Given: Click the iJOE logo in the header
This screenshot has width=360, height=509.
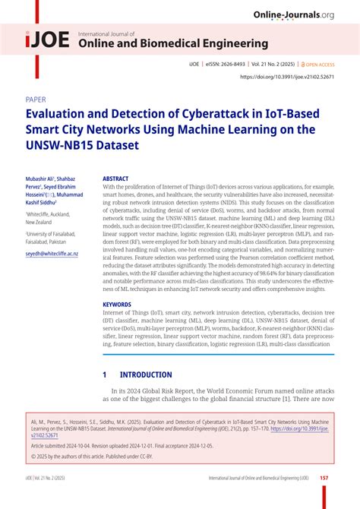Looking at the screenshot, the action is point(48,42).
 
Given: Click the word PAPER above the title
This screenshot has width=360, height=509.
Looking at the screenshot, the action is point(36,99).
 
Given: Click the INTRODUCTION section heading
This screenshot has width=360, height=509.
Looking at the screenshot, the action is point(146,375).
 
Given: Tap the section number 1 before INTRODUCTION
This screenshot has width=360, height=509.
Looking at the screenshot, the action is point(105,375).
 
